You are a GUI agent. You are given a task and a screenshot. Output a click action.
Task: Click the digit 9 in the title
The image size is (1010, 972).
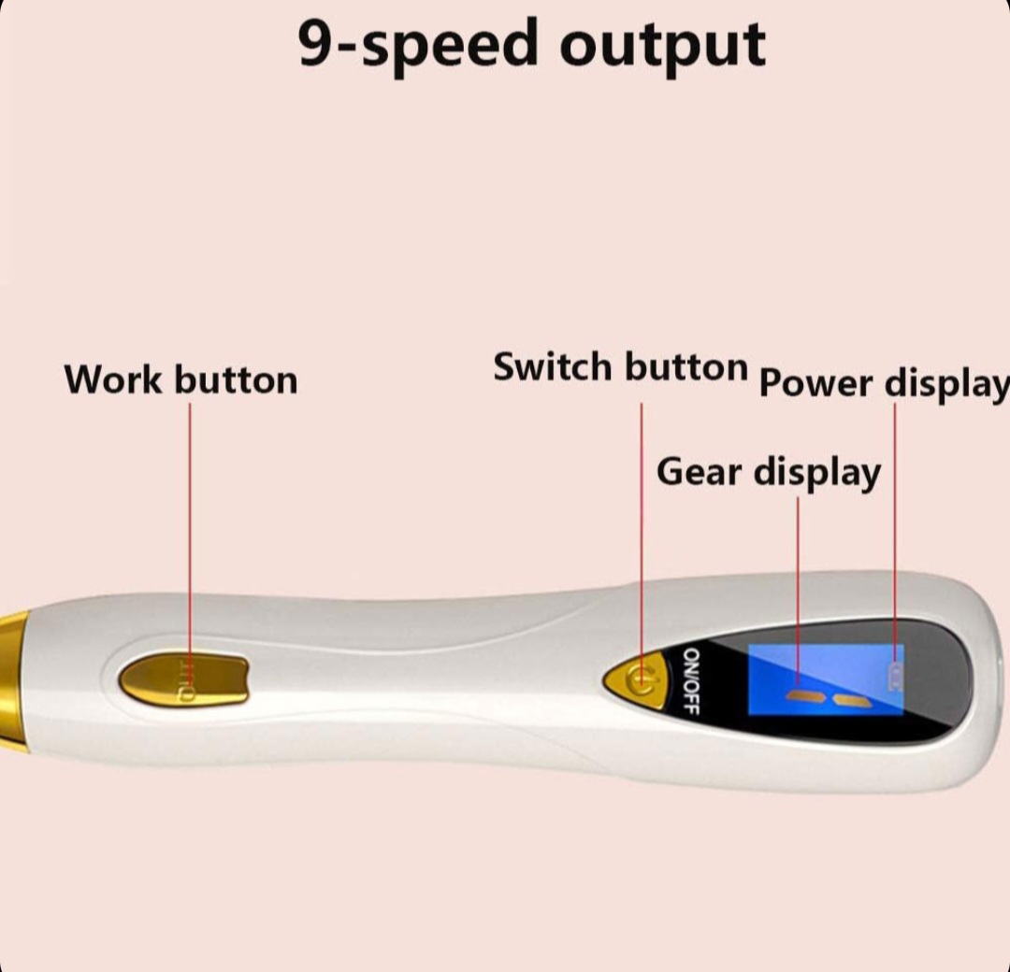pos(319,45)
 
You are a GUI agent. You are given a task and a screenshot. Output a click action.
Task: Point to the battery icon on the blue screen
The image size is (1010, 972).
pos(895,677)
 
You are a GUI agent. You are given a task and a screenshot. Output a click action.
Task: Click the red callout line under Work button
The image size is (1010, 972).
pos(190,523)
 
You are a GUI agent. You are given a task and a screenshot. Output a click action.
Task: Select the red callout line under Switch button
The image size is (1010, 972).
pos(642,523)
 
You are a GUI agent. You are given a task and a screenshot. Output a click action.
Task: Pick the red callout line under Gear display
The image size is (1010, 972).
pos(798,579)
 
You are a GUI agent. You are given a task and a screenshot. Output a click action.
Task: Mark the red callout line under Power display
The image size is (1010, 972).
pos(895,523)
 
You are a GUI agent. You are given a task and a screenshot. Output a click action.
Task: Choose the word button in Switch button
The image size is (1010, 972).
pos(686,366)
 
